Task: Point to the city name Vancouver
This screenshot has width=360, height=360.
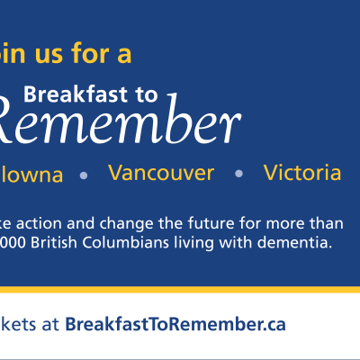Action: point(161,172)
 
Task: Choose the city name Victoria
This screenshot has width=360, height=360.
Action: point(302,172)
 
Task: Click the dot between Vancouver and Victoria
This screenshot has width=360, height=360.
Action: point(238,174)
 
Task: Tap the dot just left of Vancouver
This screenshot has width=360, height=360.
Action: point(84,175)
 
